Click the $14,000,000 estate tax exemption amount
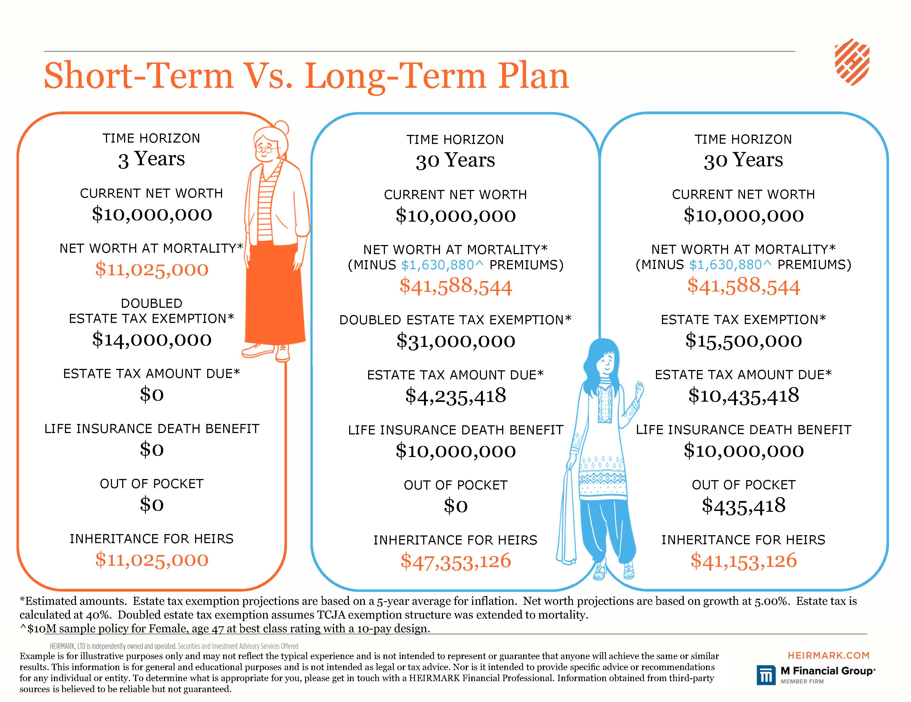[x=152, y=339]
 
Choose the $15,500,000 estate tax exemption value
[x=743, y=341]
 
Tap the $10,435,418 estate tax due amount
[x=743, y=395]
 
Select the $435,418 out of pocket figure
[x=743, y=505]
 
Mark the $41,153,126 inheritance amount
[x=743, y=560]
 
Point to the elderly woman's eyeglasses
[x=267, y=148]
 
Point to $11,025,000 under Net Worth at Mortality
[x=152, y=269]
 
